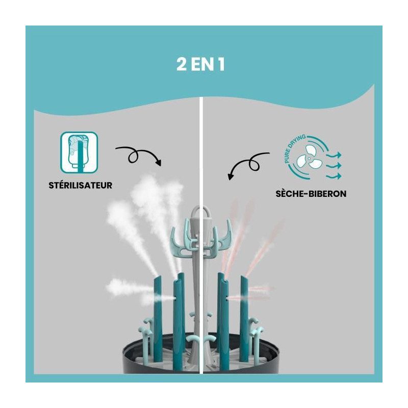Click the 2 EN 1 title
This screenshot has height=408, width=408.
[200, 65]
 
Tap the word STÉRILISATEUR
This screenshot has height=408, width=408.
[81, 185]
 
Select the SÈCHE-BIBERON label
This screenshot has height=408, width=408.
[311, 194]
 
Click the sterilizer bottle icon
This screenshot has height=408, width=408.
[79, 152]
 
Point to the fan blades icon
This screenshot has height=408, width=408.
[310, 158]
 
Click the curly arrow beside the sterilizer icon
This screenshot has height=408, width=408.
[138, 156]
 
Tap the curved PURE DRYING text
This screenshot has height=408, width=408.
[294, 148]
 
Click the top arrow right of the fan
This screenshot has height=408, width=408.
[334, 155]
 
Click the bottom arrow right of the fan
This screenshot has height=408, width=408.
[334, 176]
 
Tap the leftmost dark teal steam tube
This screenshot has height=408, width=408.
[158, 319]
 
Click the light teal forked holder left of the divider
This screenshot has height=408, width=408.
[184, 241]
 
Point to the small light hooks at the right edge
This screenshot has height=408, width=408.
[256, 331]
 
